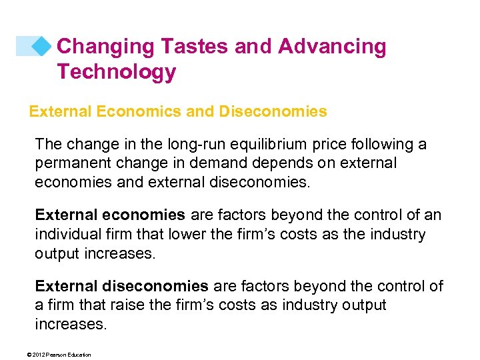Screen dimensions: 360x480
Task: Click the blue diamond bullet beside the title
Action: pyautogui.click(x=42, y=45)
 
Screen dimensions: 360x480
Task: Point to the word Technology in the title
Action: pyautogui.click(x=116, y=71)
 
